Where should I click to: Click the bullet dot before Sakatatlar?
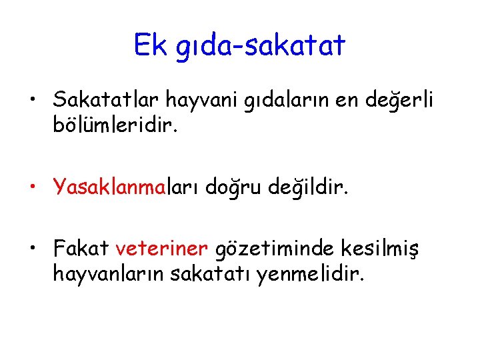point(32,102)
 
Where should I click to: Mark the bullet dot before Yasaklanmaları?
point(32,189)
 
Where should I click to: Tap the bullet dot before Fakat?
point(32,250)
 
